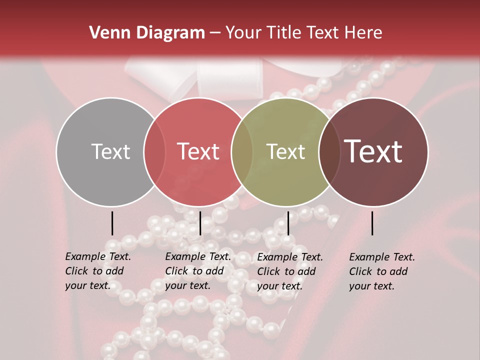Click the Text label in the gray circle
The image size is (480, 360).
110,151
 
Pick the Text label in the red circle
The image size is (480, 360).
198,151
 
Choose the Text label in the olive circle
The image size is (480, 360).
285,151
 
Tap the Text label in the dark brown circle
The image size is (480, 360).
373,151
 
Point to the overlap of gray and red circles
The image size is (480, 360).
154,151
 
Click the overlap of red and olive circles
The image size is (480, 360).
241,151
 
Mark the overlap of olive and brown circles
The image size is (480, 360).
328,151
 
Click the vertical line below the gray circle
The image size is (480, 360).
112,223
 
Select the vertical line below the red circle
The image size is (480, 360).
200,223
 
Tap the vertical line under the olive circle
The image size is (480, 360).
288,223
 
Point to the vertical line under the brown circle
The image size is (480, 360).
372,223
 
